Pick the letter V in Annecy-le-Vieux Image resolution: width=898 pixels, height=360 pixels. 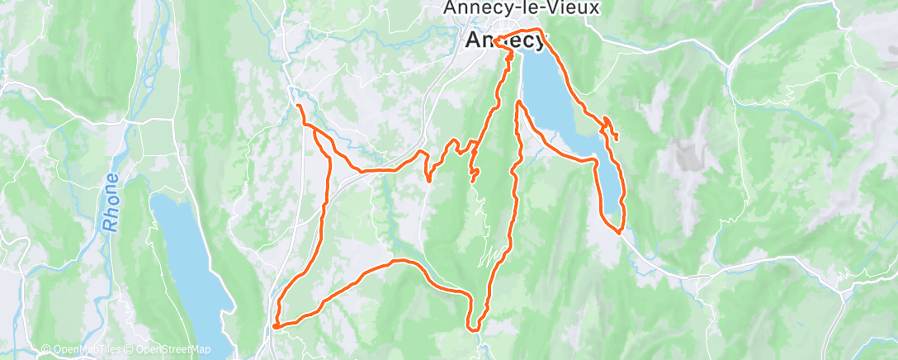coord(565,8)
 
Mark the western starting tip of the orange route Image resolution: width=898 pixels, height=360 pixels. coord(297,107)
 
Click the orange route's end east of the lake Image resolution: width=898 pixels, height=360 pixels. coord(617,139)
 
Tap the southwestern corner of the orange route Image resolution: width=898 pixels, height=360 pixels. coord(275,326)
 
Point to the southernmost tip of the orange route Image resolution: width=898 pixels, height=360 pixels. coord(475,330)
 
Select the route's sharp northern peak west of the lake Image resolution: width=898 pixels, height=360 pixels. coord(518,103)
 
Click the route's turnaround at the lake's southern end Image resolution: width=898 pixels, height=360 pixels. coord(618,232)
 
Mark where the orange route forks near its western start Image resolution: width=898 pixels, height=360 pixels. coord(314,127)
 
